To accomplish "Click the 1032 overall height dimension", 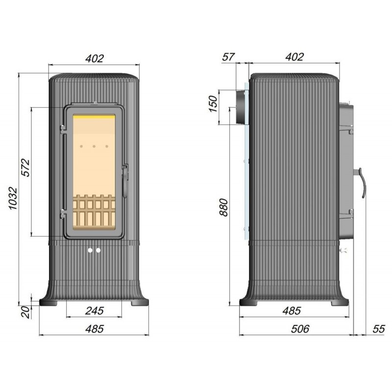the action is (13, 198).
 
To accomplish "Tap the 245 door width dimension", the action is (94, 311).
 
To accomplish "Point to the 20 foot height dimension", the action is (25, 312).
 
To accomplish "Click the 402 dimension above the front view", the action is (94, 58).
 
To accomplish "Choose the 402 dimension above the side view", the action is (294, 57).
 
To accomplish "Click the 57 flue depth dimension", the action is (228, 57).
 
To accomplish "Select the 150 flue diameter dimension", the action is (213, 104).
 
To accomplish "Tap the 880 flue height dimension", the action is (223, 207).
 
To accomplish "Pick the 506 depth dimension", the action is (300, 329).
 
